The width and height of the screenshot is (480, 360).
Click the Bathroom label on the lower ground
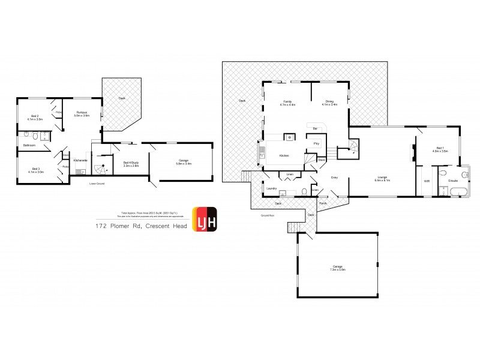coord(29,145)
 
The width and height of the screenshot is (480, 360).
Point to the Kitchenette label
coord(80,160)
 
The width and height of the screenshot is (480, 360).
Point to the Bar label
coord(314,128)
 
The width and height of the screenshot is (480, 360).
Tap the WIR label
coord(427,181)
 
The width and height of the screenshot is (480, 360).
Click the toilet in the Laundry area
coord(305,192)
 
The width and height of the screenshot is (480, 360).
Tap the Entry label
coord(335,178)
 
